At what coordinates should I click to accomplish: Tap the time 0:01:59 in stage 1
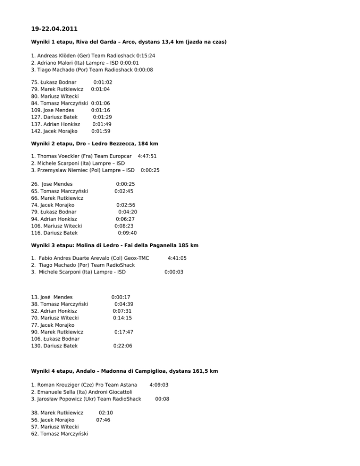click(101, 131)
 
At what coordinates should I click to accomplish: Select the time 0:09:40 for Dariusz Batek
click(127, 233)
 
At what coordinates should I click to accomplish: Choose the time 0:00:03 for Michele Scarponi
click(173, 271)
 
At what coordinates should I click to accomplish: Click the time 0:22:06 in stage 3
click(123, 346)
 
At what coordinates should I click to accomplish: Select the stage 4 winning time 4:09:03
click(158, 385)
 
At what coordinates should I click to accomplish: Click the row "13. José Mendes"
click(52, 297)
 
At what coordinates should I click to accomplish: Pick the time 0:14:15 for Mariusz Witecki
click(122, 318)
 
